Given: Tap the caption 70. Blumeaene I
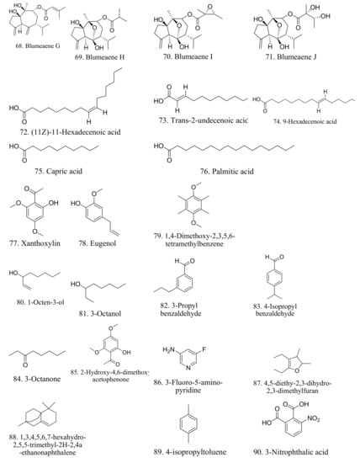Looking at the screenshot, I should pos(201,76).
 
